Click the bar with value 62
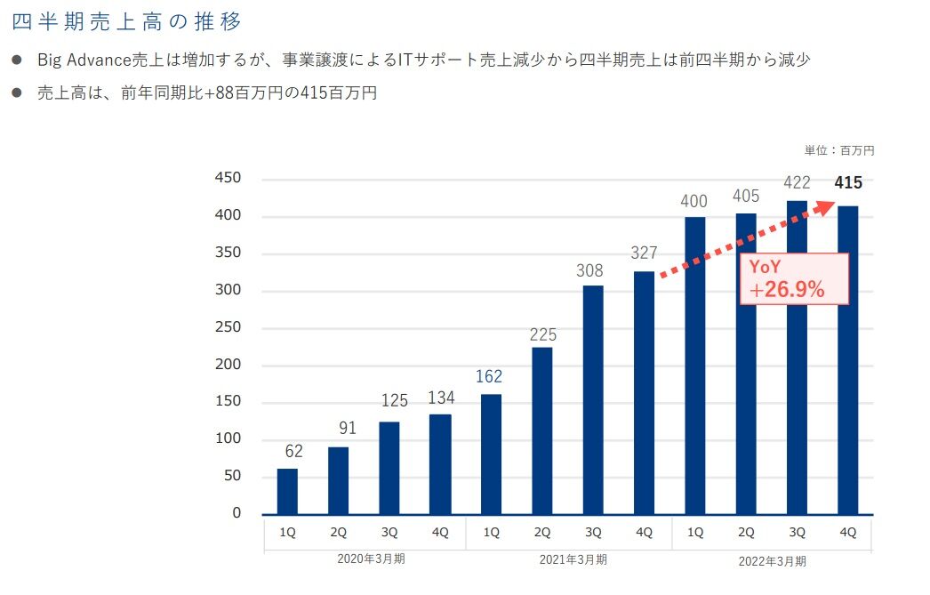click(287, 491)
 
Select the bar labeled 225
click(541, 430)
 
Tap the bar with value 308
click(592, 399)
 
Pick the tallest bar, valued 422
click(797, 357)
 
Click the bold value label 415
click(848, 184)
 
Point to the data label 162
click(489, 377)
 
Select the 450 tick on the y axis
click(228, 179)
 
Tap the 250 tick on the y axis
click(228, 328)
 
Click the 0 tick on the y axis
click(236, 513)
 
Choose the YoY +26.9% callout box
click(794, 279)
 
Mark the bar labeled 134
click(439, 464)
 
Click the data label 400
click(693, 202)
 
